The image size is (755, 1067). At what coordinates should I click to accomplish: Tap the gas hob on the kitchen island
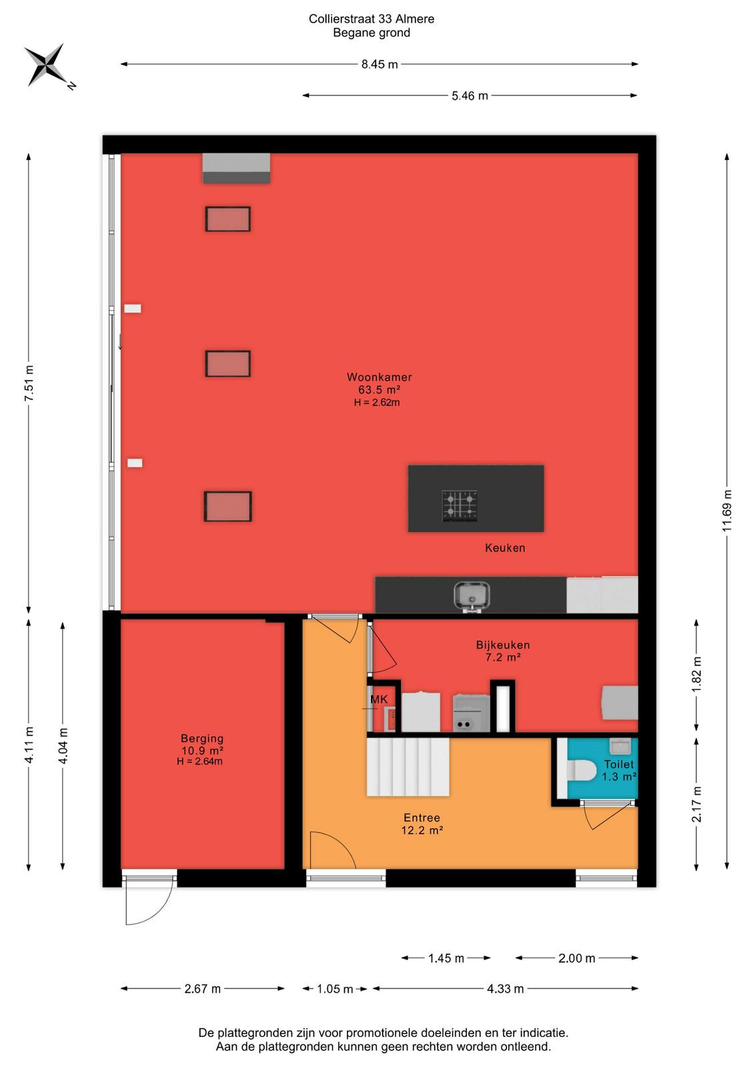(x=460, y=505)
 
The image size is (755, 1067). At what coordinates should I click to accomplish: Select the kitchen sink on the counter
(x=472, y=596)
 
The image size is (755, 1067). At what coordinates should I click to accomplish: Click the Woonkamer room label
(x=379, y=377)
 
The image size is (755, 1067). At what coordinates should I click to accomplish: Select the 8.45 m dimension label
(x=379, y=64)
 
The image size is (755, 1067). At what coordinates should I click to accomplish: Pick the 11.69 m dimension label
(x=727, y=511)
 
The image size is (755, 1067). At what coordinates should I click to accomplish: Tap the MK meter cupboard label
(x=379, y=700)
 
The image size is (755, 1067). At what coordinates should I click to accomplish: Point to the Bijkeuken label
(x=502, y=645)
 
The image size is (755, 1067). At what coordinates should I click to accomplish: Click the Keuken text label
(x=505, y=548)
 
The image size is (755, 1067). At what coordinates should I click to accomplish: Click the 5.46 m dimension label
(x=470, y=96)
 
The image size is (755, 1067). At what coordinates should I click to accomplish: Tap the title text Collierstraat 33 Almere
(x=371, y=19)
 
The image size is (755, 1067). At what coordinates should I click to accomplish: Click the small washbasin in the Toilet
(x=620, y=746)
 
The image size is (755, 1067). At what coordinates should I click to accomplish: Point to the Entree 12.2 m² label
(x=422, y=824)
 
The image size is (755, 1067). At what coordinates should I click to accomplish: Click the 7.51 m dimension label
(x=29, y=383)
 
